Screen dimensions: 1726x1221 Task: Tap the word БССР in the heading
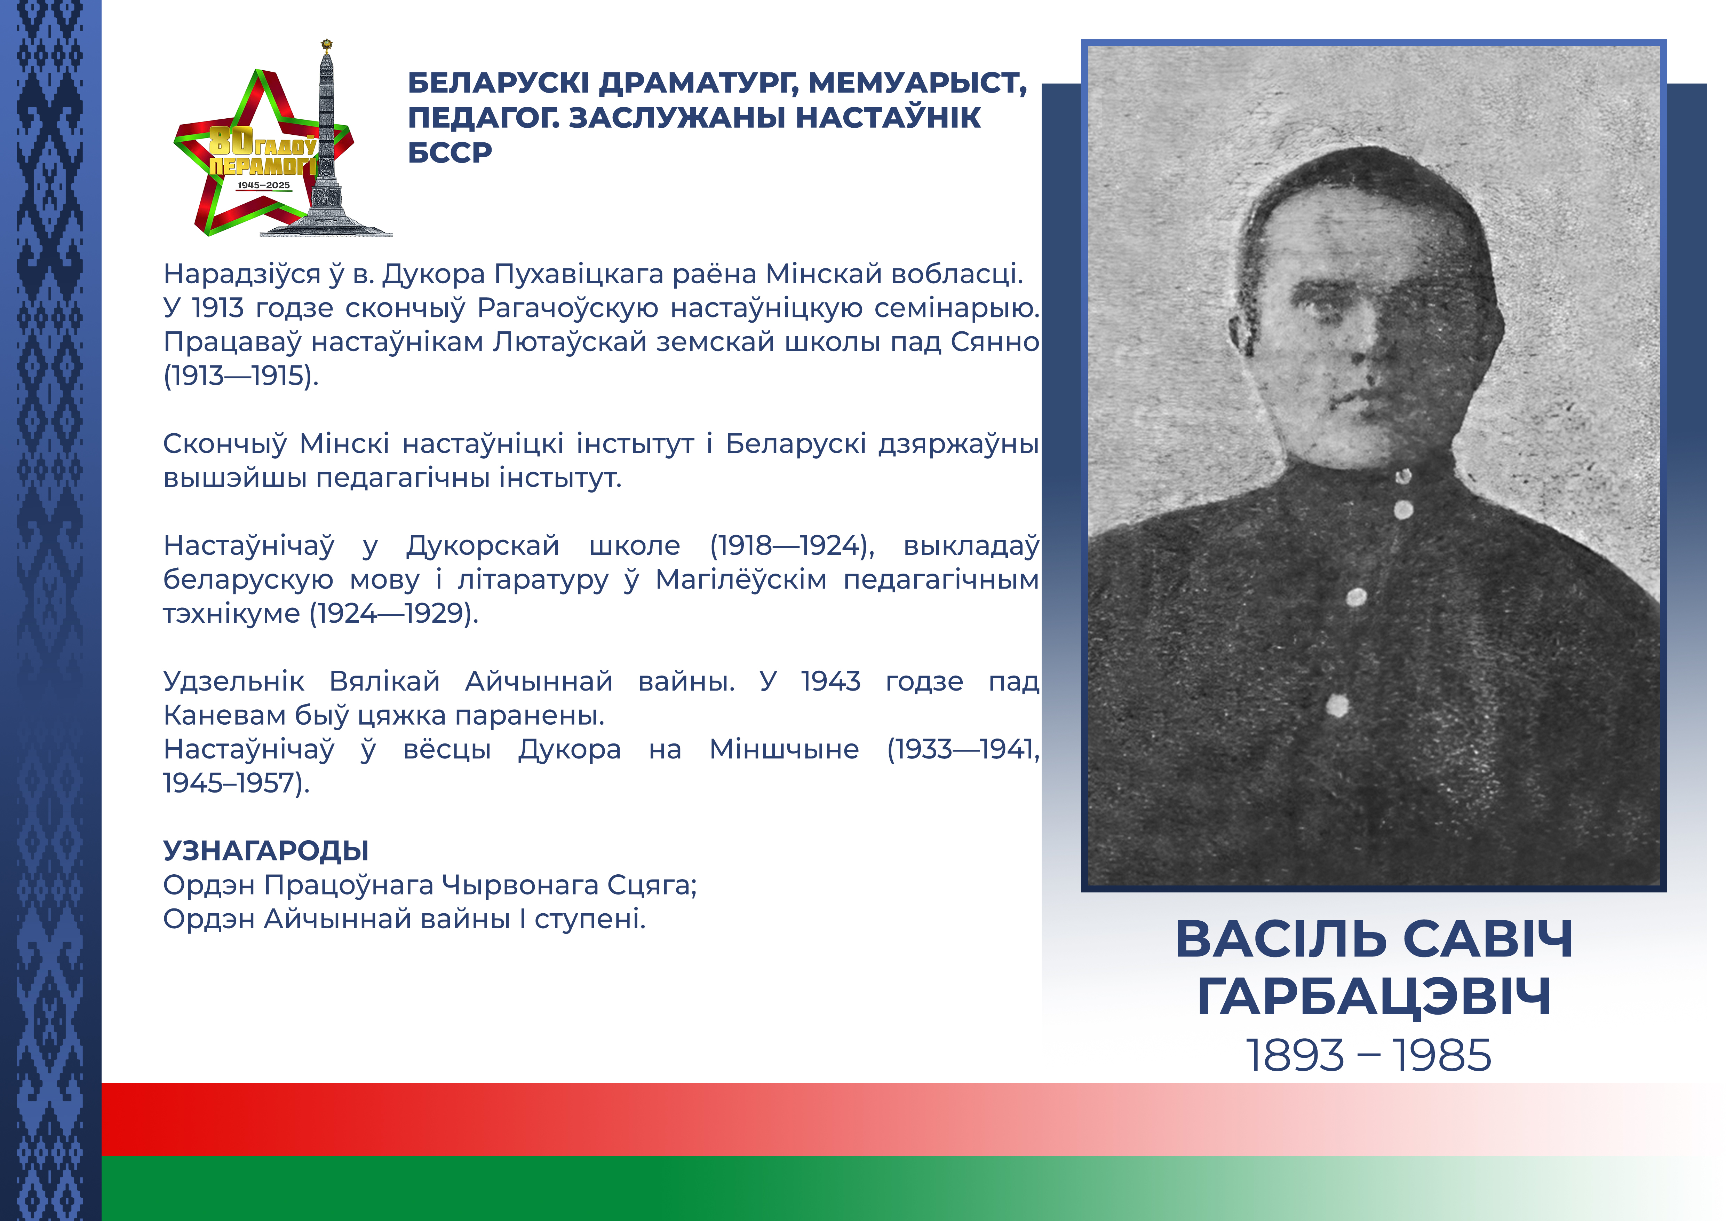click(450, 152)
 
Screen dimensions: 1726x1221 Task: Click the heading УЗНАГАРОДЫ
click(266, 851)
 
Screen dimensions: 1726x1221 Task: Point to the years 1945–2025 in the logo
click(263, 185)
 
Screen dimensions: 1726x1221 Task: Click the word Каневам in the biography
click(224, 716)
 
